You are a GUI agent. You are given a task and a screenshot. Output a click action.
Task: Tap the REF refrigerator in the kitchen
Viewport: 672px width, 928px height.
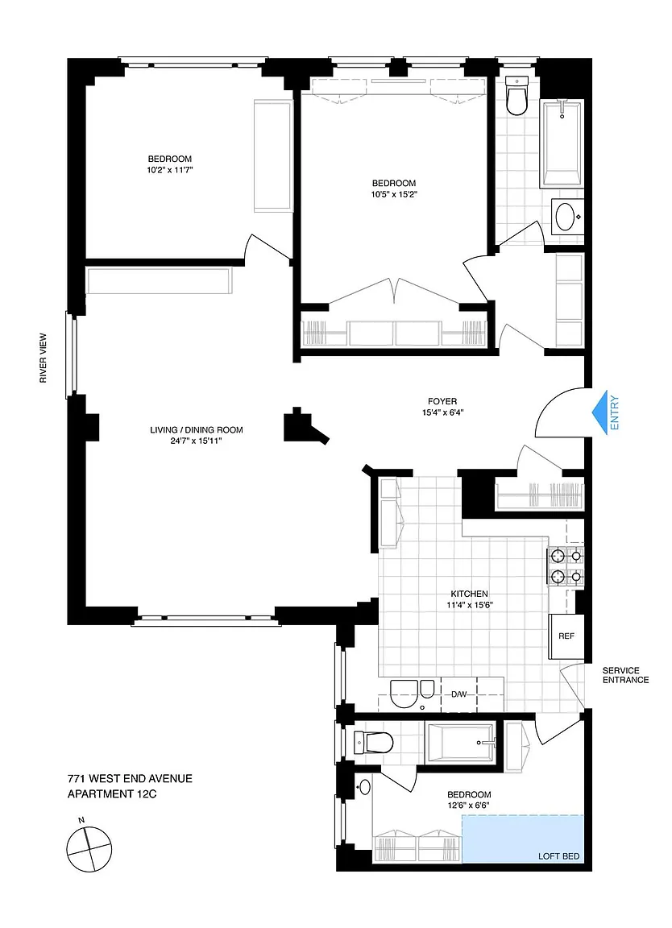[566, 636]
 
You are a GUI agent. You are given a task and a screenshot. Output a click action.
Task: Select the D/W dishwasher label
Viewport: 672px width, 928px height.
[459, 694]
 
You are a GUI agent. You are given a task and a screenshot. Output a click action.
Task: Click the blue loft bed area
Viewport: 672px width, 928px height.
[522, 838]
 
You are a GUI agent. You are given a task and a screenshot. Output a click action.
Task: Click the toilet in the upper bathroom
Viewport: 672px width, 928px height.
[516, 97]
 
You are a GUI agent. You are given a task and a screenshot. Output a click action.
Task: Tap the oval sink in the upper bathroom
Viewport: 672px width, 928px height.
[566, 217]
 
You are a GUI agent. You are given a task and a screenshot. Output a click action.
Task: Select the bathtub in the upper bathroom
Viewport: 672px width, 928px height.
[562, 143]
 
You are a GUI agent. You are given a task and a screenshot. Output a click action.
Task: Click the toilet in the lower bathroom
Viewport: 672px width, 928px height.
[373, 743]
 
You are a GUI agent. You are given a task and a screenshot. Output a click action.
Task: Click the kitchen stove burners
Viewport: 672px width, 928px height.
[566, 565]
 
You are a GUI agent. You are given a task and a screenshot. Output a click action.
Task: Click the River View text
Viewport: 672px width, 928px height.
[44, 358]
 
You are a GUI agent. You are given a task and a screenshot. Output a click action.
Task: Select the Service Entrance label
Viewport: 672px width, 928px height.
[625, 675]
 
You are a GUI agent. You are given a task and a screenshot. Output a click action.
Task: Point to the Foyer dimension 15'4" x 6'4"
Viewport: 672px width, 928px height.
[442, 412]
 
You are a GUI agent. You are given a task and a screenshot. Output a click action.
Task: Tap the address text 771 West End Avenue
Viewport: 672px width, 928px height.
[130, 779]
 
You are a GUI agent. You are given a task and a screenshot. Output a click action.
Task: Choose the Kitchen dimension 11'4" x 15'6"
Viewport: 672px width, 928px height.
[470, 605]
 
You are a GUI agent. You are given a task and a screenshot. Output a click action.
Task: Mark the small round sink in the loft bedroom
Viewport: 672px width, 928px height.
[365, 786]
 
